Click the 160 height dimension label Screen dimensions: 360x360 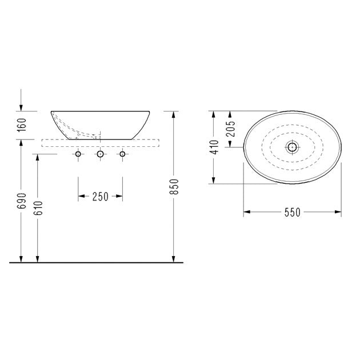click(22, 125)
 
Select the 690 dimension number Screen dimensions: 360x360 click(22, 201)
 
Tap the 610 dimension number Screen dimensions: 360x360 click(38, 208)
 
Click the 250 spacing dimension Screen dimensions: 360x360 click(101, 197)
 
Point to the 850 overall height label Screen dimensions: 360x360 click(174, 186)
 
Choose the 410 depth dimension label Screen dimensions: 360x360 click(214, 147)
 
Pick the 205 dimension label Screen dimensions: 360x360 click(231, 129)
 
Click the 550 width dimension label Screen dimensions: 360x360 click(292, 212)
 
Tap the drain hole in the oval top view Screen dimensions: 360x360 click(292, 147)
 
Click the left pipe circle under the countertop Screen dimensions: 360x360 click(78, 154)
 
